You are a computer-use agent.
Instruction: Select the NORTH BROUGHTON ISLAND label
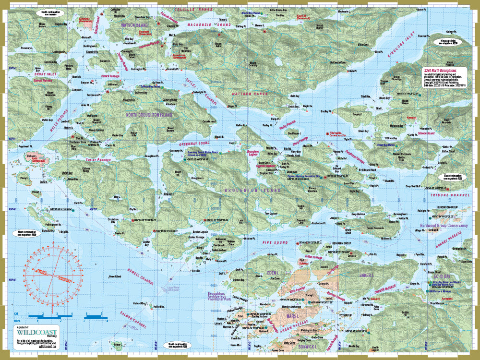(149, 115)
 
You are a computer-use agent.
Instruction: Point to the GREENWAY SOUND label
(194, 143)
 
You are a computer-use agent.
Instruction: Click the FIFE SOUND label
(275, 243)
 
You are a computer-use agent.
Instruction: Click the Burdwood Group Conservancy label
(444, 225)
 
